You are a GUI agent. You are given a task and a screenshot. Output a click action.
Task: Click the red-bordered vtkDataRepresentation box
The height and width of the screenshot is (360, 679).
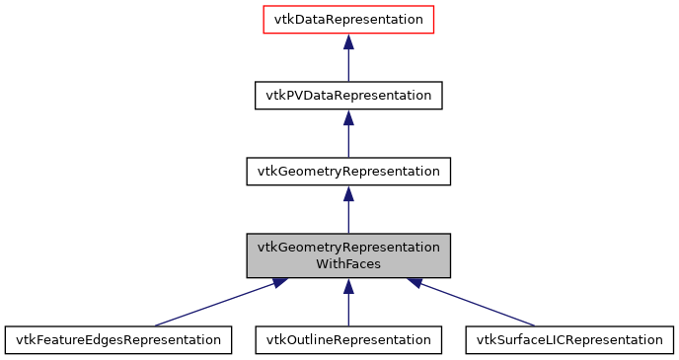[x=348, y=20]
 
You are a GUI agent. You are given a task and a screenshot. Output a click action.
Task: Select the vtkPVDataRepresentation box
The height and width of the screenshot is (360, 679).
[x=348, y=95]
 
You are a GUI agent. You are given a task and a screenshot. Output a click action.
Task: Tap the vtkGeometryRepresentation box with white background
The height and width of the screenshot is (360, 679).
[x=348, y=171]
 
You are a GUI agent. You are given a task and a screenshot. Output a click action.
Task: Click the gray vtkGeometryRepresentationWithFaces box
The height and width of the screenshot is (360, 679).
[x=348, y=254]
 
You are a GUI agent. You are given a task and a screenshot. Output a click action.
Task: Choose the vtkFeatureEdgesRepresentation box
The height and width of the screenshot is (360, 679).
[x=118, y=339]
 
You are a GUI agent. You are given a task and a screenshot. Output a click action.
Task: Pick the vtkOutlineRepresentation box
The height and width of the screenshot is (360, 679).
[x=348, y=339]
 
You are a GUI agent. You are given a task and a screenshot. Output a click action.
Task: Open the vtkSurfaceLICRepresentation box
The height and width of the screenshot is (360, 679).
[x=569, y=339]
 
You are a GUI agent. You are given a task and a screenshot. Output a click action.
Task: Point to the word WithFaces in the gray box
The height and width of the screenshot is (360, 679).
[x=348, y=264]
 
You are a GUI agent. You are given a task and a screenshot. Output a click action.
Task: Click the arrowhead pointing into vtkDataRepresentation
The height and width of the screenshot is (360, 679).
[x=348, y=41]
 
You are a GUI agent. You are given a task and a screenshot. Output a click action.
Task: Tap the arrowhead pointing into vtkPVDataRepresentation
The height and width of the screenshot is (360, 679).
[x=348, y=117]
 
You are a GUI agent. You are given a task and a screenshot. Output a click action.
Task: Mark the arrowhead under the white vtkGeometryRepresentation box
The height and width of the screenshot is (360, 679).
[x=348, y=193]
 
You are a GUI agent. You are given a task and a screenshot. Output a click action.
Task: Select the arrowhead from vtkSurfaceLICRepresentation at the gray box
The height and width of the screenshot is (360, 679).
[x=415, y=283]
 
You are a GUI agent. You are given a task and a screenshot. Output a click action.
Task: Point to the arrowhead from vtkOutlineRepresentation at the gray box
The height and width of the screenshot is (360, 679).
[x=348, y=285]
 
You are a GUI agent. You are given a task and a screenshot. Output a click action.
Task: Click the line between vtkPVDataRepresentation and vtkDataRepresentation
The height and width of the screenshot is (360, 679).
[x=348, y=65]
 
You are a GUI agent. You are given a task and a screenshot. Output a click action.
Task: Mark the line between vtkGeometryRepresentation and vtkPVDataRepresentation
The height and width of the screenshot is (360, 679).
[x=348, y=141]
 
